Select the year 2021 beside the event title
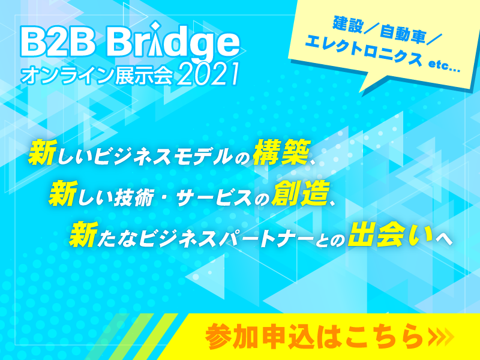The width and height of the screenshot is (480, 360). pyautogui.click(x=208, y=74)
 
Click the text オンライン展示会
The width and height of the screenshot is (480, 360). pyautogui.click(x=97, y=76)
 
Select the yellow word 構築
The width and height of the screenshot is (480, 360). pyautogui.click(x=281, y=153)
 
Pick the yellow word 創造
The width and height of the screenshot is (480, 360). pyautogui.click(x=301, y=194)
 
